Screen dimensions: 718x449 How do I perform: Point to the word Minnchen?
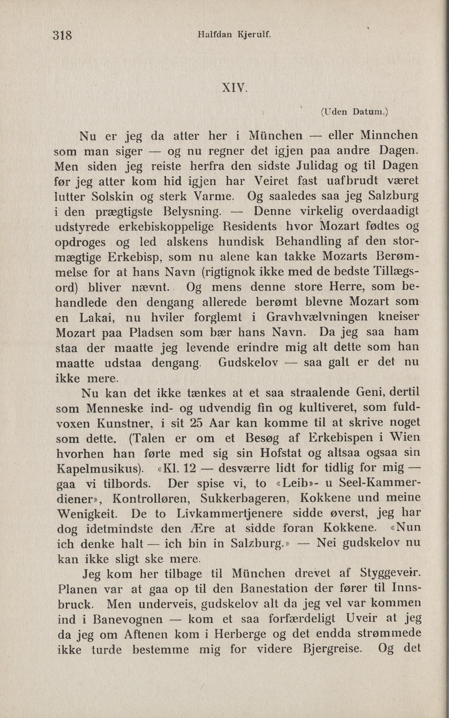pos(389,136)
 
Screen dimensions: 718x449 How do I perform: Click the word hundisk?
pos(241,242)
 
